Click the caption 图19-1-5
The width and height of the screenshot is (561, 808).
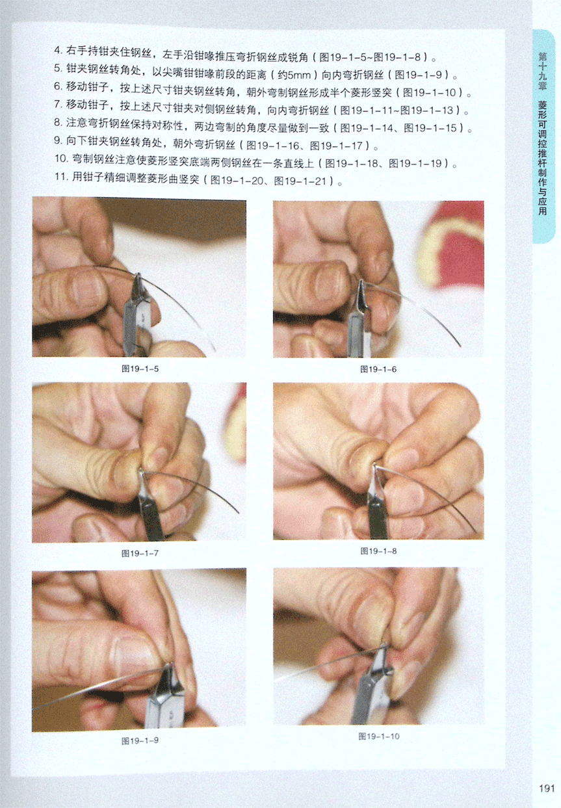point(140,369)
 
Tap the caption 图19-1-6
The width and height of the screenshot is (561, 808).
point(378,369)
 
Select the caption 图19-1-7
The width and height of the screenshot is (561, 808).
point(140,553)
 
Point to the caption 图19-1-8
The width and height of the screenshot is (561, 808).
point(378,551)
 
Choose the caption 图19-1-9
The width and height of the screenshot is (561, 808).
point(140,740)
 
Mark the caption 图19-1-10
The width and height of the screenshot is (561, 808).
point(379,736)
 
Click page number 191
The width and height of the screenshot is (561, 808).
point(547,788)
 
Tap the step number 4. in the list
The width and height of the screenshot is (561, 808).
point(59,50)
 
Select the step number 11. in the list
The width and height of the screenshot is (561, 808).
point(62,176)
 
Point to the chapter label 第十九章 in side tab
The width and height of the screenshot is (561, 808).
point(543,71)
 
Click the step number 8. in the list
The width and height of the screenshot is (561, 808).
point(59,122)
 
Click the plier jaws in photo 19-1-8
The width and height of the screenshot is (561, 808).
point(376,480)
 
